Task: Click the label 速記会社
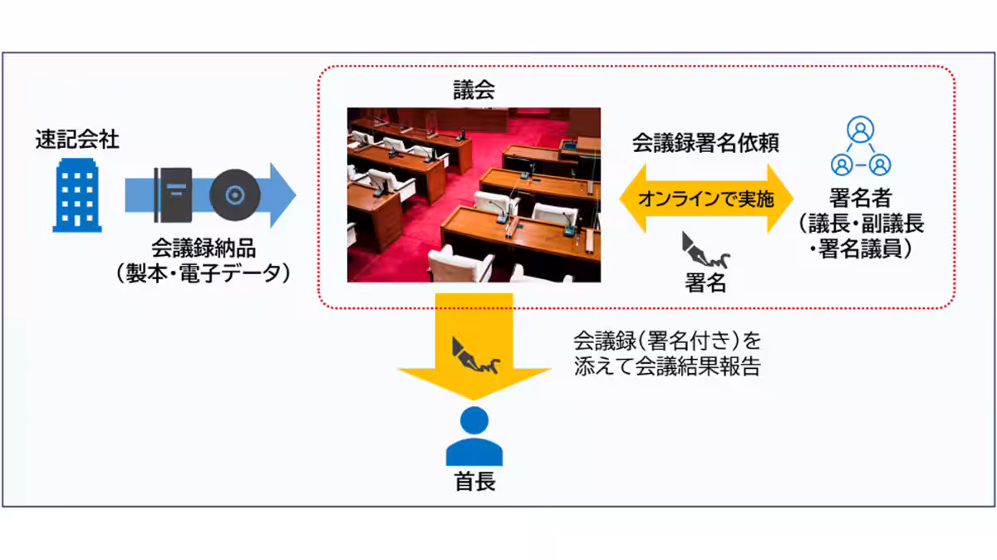[77, 140]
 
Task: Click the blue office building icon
[76, 196]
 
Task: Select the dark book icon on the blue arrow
[173, 195]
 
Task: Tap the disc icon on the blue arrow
[235, 195]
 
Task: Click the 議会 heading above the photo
[474, 91]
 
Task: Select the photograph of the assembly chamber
[474, 194]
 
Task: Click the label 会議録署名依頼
[705, 142]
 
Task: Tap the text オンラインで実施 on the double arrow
[705, 199]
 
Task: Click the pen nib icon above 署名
[704, 249]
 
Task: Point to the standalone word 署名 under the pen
[705, 283]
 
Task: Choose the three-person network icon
[860, 146]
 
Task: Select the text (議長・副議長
[860, 224]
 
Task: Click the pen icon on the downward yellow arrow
[474, 355]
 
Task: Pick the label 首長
[474, 482]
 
